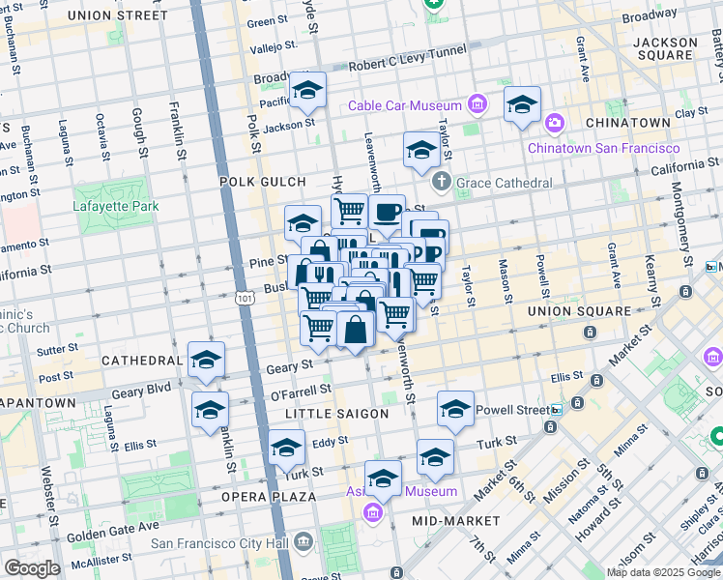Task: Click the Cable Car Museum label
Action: (x=405, y=105)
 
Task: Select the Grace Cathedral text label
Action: (x=504, y=182)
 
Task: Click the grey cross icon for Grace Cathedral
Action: (x=442, y=181)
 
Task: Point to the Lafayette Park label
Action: (x=115, y=205)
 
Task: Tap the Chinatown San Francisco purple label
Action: (x=604, y=148)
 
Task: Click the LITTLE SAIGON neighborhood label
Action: (x=337, y=413)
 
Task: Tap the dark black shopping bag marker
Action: (x=356, y=330)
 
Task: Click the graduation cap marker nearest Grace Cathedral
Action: (x=421, y=150)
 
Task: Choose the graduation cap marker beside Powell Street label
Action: (x=455, y=409)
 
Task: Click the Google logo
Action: (x=32, y=568)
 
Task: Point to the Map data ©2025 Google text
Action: (x=662, y=572)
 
